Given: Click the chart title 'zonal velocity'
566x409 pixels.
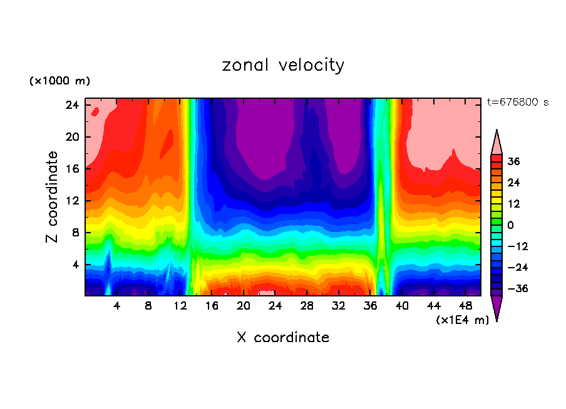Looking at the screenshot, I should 283,65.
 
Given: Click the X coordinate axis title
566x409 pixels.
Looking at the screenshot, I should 283,338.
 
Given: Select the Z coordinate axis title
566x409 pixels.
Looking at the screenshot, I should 53,197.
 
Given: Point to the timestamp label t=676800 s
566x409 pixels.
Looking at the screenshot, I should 517,102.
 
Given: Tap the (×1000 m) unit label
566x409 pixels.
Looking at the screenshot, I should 59,81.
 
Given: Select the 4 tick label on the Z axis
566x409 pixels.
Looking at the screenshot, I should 74,265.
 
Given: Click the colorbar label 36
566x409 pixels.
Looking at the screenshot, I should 513,162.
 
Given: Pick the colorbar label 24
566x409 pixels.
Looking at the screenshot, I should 513,183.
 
